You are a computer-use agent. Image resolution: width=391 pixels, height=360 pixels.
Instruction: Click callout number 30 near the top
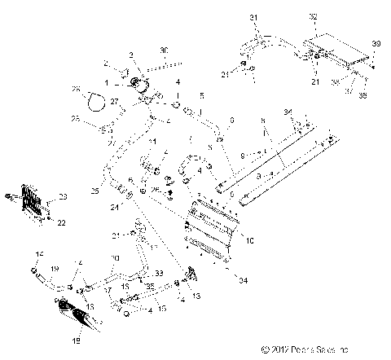(x=163, y=50)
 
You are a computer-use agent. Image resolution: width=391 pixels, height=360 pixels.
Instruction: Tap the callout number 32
(x=314, y=16)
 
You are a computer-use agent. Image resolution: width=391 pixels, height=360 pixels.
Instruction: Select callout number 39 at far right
(x=376, y=43)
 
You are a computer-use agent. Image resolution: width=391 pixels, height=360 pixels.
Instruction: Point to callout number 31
(x=253, y=17)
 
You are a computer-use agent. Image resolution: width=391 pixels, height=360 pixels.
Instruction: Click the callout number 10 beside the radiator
(x=250, y=240)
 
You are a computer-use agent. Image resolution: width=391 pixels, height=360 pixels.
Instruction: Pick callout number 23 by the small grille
(x=64, y=196)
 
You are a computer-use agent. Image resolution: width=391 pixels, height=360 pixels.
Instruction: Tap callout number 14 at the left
(x=37, y=256)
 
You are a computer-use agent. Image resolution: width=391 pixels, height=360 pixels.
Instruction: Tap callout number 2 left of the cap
(x=106, y=64)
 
